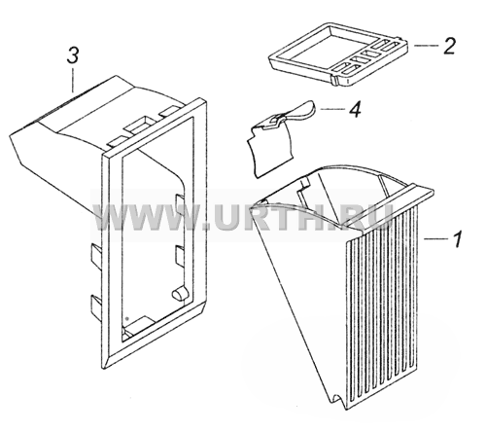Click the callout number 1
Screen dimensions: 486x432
point(457,239)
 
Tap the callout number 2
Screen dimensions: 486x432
point(448,46)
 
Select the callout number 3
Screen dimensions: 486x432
point(73,55)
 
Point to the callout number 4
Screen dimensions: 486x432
point(355,109)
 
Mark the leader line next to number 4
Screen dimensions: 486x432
point(332,109)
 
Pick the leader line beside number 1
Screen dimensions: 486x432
point(434,239)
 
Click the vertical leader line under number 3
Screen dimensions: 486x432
point(74,80)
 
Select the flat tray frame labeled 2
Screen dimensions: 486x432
point(337,54)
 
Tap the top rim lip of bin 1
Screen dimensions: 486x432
point(388,206)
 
